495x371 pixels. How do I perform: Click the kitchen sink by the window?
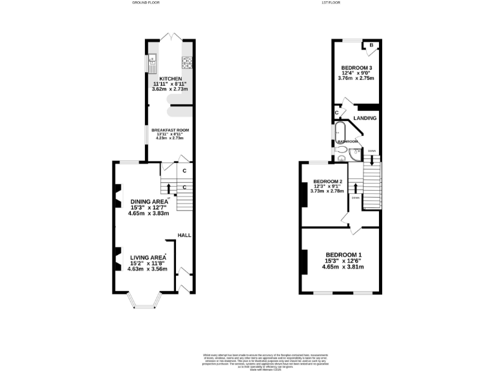(x=153, y=62)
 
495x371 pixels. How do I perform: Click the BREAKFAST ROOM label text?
(x=170, y=130)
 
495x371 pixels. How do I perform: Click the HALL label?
(x=184, y=235)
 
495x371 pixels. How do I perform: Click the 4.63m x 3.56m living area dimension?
(x=147, y=269)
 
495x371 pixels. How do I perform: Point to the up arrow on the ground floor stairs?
(x=169, y=188)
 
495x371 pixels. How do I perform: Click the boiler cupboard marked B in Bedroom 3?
(x=372, y=46)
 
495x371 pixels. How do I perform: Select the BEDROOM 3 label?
(x=356, y=68)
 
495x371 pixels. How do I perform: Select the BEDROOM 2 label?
(x=327, y=182)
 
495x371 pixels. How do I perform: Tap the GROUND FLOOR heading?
(x=146, y=3)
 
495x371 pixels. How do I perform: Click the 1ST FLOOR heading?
(x=330, y=3)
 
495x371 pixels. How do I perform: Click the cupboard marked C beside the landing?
(x=336, y=113)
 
